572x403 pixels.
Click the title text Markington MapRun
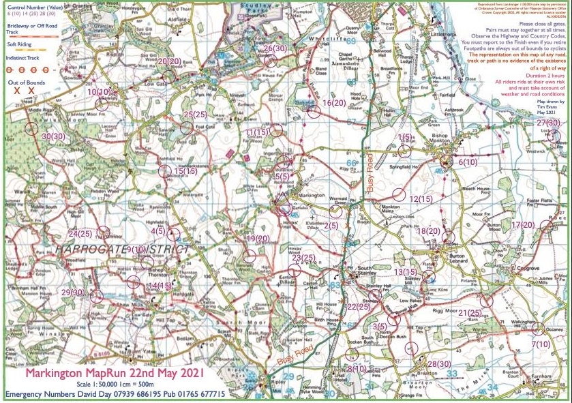(x=81, y=374)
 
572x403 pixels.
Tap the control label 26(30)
(x=277, y=48)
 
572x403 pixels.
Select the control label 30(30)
(x=53, y=136)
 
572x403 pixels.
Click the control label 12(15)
(x=421, y=198)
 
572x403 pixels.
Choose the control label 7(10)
(x=541, y=344)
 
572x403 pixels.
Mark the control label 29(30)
(x=73, y=292)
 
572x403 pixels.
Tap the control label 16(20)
(x=335, y=103)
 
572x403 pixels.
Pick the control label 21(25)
(x=470, y=313)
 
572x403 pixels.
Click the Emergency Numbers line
(x=117, y=395)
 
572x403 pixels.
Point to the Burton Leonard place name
(x=457, y=255)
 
